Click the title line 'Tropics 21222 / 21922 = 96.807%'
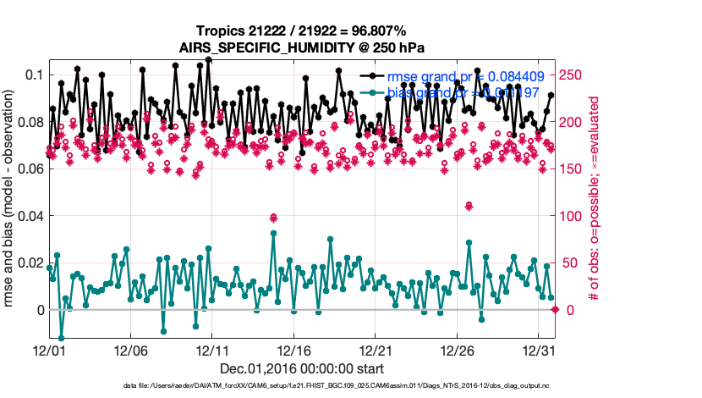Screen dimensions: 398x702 click(x=301, y=31)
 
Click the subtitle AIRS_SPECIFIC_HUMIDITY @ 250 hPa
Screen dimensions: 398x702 click(x=301, y=47)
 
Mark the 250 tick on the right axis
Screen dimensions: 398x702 click(x=571, y=75)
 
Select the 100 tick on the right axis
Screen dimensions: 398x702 click(x=571, y=216)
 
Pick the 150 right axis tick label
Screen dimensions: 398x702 click(x=571, y=169)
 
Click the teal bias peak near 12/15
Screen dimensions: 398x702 click(x=273, y=233)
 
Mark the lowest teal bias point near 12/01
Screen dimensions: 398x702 click(x=61, y=338)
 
